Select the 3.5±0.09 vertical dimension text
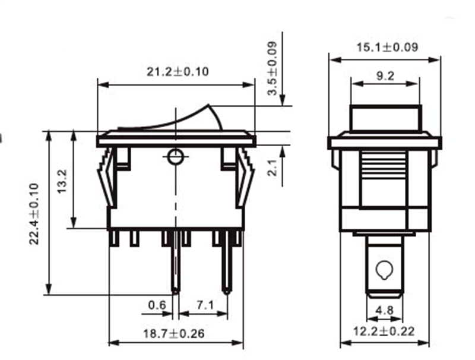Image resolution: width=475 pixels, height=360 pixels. [273, 69]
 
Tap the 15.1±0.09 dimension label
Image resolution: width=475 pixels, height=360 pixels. [387, 47]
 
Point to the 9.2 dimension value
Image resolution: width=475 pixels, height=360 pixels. [387, 75]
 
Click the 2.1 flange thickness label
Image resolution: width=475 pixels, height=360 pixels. [273, 168]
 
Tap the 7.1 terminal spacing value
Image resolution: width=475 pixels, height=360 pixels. [204, 305]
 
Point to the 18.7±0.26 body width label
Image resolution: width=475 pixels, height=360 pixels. [175, 333]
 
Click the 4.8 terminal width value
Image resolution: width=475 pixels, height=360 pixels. [385, 310]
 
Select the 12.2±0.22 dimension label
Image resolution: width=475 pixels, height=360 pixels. [384, 331]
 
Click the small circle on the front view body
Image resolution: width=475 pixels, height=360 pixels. [175, 157]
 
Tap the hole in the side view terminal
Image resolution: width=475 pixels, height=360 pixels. [384, 270]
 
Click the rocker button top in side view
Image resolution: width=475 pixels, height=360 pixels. [385, 118]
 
